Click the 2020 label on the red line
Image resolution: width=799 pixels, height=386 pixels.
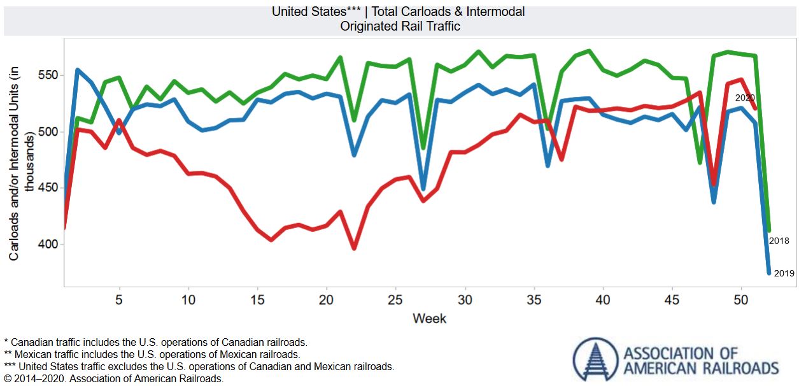745,98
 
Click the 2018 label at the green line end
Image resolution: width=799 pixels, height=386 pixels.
779,241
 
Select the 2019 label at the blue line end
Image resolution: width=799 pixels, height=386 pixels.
784,273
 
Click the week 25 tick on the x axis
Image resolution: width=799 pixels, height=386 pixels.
395,299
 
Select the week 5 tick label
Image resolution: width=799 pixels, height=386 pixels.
119,299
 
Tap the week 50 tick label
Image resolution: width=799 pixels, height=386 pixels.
741,299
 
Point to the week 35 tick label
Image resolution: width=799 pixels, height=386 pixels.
534,299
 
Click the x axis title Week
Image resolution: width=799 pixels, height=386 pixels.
429,318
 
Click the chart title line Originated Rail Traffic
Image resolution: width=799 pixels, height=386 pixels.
399,26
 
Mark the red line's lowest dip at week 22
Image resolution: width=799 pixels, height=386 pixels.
354,248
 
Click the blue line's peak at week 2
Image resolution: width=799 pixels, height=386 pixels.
78,70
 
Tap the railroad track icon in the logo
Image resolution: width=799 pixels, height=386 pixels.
595,360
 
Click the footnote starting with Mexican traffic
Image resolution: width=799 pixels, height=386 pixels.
152,354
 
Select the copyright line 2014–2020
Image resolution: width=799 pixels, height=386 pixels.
113,378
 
